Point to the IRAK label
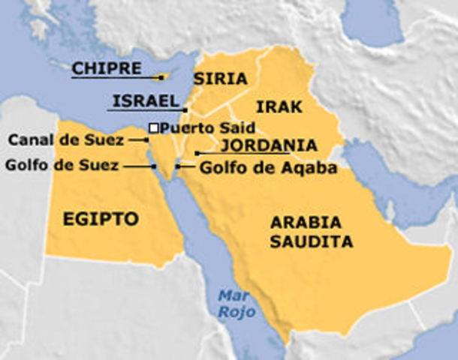[279, 106]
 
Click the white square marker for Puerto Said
[153, 128]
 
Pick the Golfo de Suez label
[62, 166]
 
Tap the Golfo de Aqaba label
[268, 168]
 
